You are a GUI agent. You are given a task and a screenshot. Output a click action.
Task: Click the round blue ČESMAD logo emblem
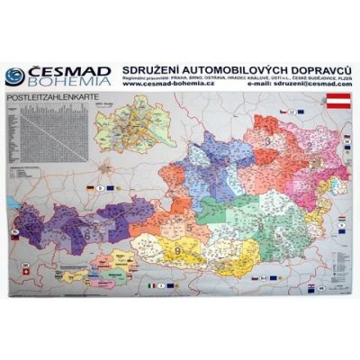click(x=14, y=76)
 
